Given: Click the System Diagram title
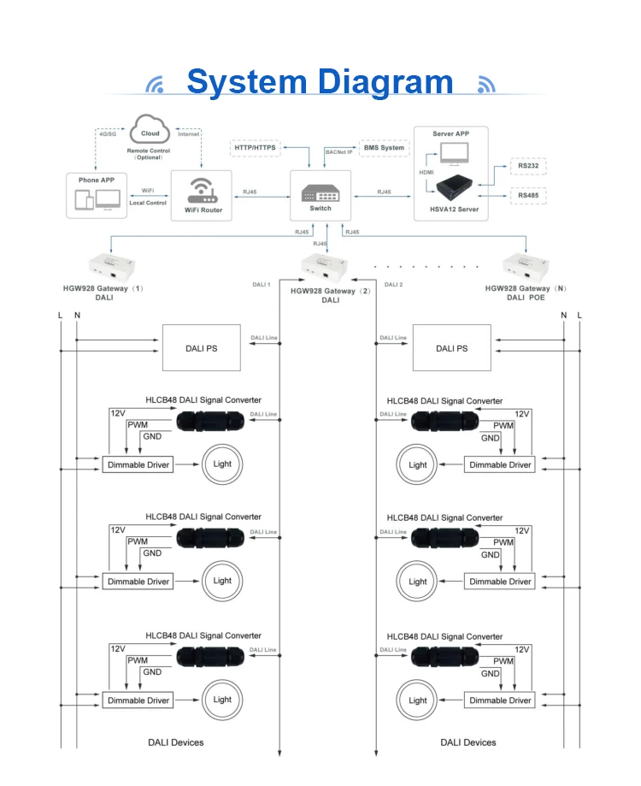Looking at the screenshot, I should (320, 82).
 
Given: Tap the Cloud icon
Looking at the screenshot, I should (150, 132).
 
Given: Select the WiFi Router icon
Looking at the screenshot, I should (201, 190).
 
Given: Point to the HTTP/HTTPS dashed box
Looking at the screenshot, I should (256, 148).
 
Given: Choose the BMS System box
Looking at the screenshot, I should (385, 148).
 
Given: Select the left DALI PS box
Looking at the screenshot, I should (207, 348).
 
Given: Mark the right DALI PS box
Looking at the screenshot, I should (451, 348).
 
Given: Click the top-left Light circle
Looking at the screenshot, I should (222, 464).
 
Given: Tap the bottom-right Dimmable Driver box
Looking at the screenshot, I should (500, 700).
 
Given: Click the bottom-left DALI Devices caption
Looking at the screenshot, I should (176, 742).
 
